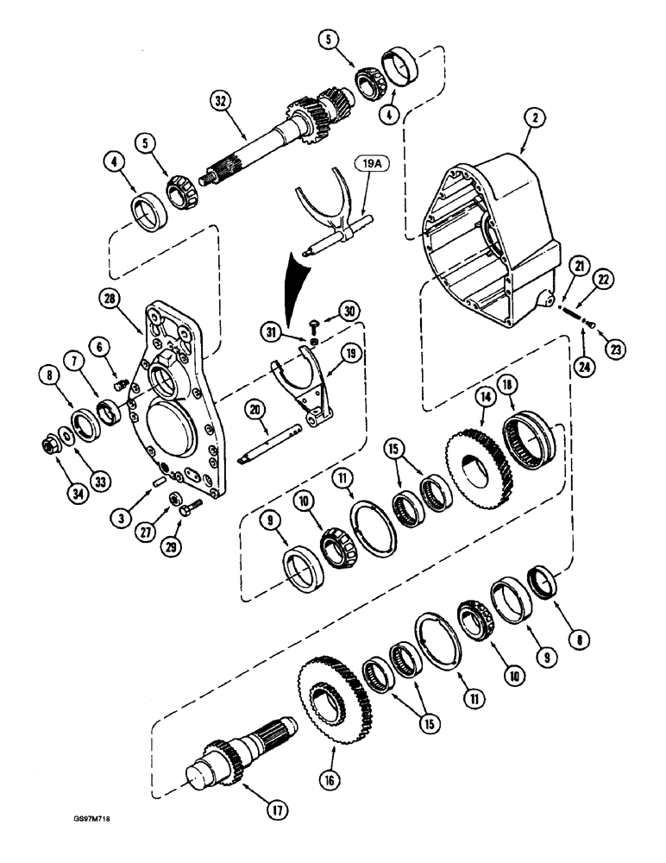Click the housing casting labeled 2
[492, 242]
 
